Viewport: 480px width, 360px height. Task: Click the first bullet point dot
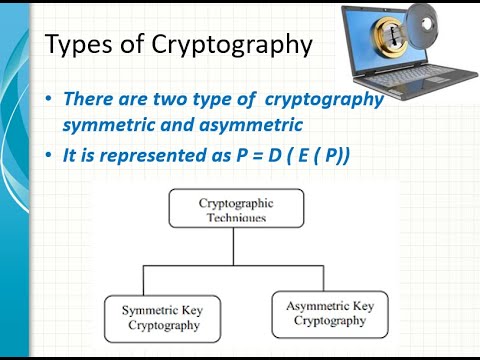(x=51, y=100)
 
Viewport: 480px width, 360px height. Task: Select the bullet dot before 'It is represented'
(x=51, y=157)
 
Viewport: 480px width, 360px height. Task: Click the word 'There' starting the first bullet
(x=86, y=100)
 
